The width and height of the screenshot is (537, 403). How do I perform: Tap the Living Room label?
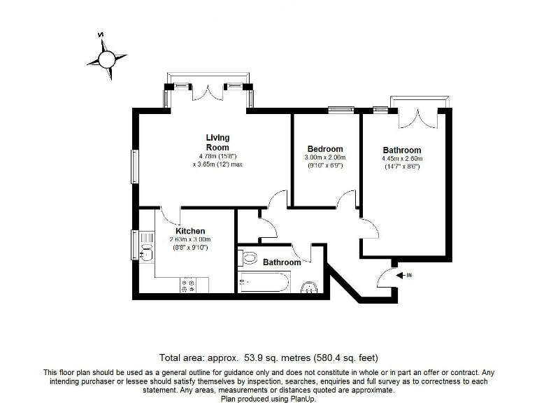(x=217, y=142)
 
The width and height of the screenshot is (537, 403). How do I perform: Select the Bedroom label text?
(x=325, y=149)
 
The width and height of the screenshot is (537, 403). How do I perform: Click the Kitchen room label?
(x=190, y=231)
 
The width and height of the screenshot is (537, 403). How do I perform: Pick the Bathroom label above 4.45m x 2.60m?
(x=402, y=150)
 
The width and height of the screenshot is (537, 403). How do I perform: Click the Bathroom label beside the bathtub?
(x=282, y=262)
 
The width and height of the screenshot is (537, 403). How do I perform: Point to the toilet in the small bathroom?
(x=248, y=258)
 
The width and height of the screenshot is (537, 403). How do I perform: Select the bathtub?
(x=263, y=283)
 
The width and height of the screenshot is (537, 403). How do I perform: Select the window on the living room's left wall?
(x=135, y=167)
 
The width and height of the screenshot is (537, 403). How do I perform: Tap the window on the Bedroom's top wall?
(x=341, y=108)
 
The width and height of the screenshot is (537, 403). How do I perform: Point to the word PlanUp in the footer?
(x=301, y=398)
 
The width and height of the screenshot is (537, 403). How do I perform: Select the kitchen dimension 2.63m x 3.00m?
(x=189, y=239)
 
